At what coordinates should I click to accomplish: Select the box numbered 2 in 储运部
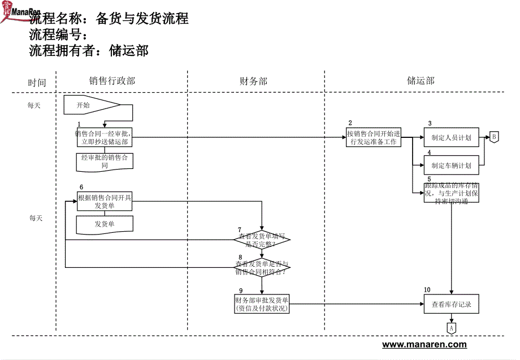(373, 138)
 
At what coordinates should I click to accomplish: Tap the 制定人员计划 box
(451, 137)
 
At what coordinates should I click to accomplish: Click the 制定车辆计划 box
(451, 166)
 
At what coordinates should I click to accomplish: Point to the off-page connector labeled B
(493, 137)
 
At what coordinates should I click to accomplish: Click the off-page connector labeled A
(451, 328)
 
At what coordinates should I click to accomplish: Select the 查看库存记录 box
(451, 305)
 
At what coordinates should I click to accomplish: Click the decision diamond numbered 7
(262, 240)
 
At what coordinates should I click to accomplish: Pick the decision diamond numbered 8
(262, 267)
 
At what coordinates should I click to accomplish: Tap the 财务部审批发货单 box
(262, 304)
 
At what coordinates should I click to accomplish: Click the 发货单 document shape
(105, 224)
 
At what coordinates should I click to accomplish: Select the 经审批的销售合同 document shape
(105, 162)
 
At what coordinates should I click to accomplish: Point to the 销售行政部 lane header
(112, 81)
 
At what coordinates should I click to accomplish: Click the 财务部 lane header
(253, 81)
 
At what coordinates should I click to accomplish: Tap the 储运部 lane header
(421, 81)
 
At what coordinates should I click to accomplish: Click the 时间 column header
(37, 83)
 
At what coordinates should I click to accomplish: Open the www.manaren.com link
(424, 345)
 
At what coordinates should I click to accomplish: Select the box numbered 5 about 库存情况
(451, 193)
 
